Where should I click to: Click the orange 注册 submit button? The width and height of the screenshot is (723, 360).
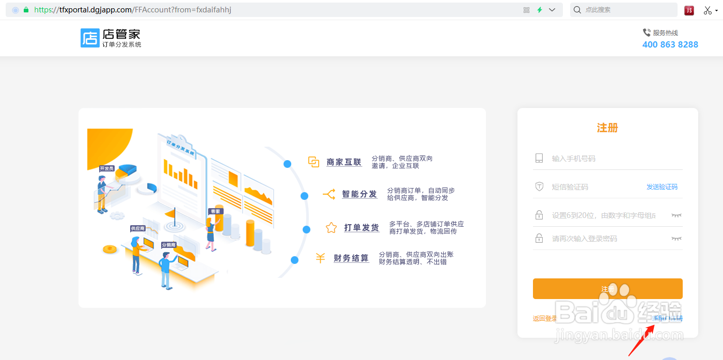pyautogui.click(x=607, y=289)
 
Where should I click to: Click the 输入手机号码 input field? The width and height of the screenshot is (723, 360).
pyautogui.click(x=609, y=159)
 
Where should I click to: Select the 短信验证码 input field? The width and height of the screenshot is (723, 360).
pyautogui.click(x=589, y=187)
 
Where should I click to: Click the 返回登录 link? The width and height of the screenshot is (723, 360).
pyautogui.click(x=545, y=319)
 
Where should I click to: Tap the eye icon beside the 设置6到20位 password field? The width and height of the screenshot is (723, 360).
pyautogui.click(x=676, y=215)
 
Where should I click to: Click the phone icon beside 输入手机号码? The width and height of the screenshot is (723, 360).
pyautogui.click(x=539, y=159)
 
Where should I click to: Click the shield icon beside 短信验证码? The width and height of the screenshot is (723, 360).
pyautogui.click(x=539, y=187)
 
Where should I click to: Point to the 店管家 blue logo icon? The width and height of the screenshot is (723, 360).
pyautogui.click(x=89, y=38)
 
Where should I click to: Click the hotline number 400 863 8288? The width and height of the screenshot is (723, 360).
pyautogui.click(x=670, y=44)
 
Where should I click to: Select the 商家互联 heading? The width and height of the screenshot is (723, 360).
pyautogui.click(x=344, y=162)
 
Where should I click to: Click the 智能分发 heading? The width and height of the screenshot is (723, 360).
pyautogui.click(x=359, y=194)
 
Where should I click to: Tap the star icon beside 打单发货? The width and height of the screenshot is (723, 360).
pyautogui.click(x=331, y=228)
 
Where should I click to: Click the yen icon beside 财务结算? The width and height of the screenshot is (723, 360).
pyautogui.click(x=320, y=258)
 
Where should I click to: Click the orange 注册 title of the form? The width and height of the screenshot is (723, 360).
pyautogui.click(x=607, y=128)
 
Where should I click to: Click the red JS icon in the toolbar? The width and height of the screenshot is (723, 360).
pyautogui.click(x=689, y=10)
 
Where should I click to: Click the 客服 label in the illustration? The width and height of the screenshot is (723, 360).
pyautogui.click(x=215, y=211)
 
